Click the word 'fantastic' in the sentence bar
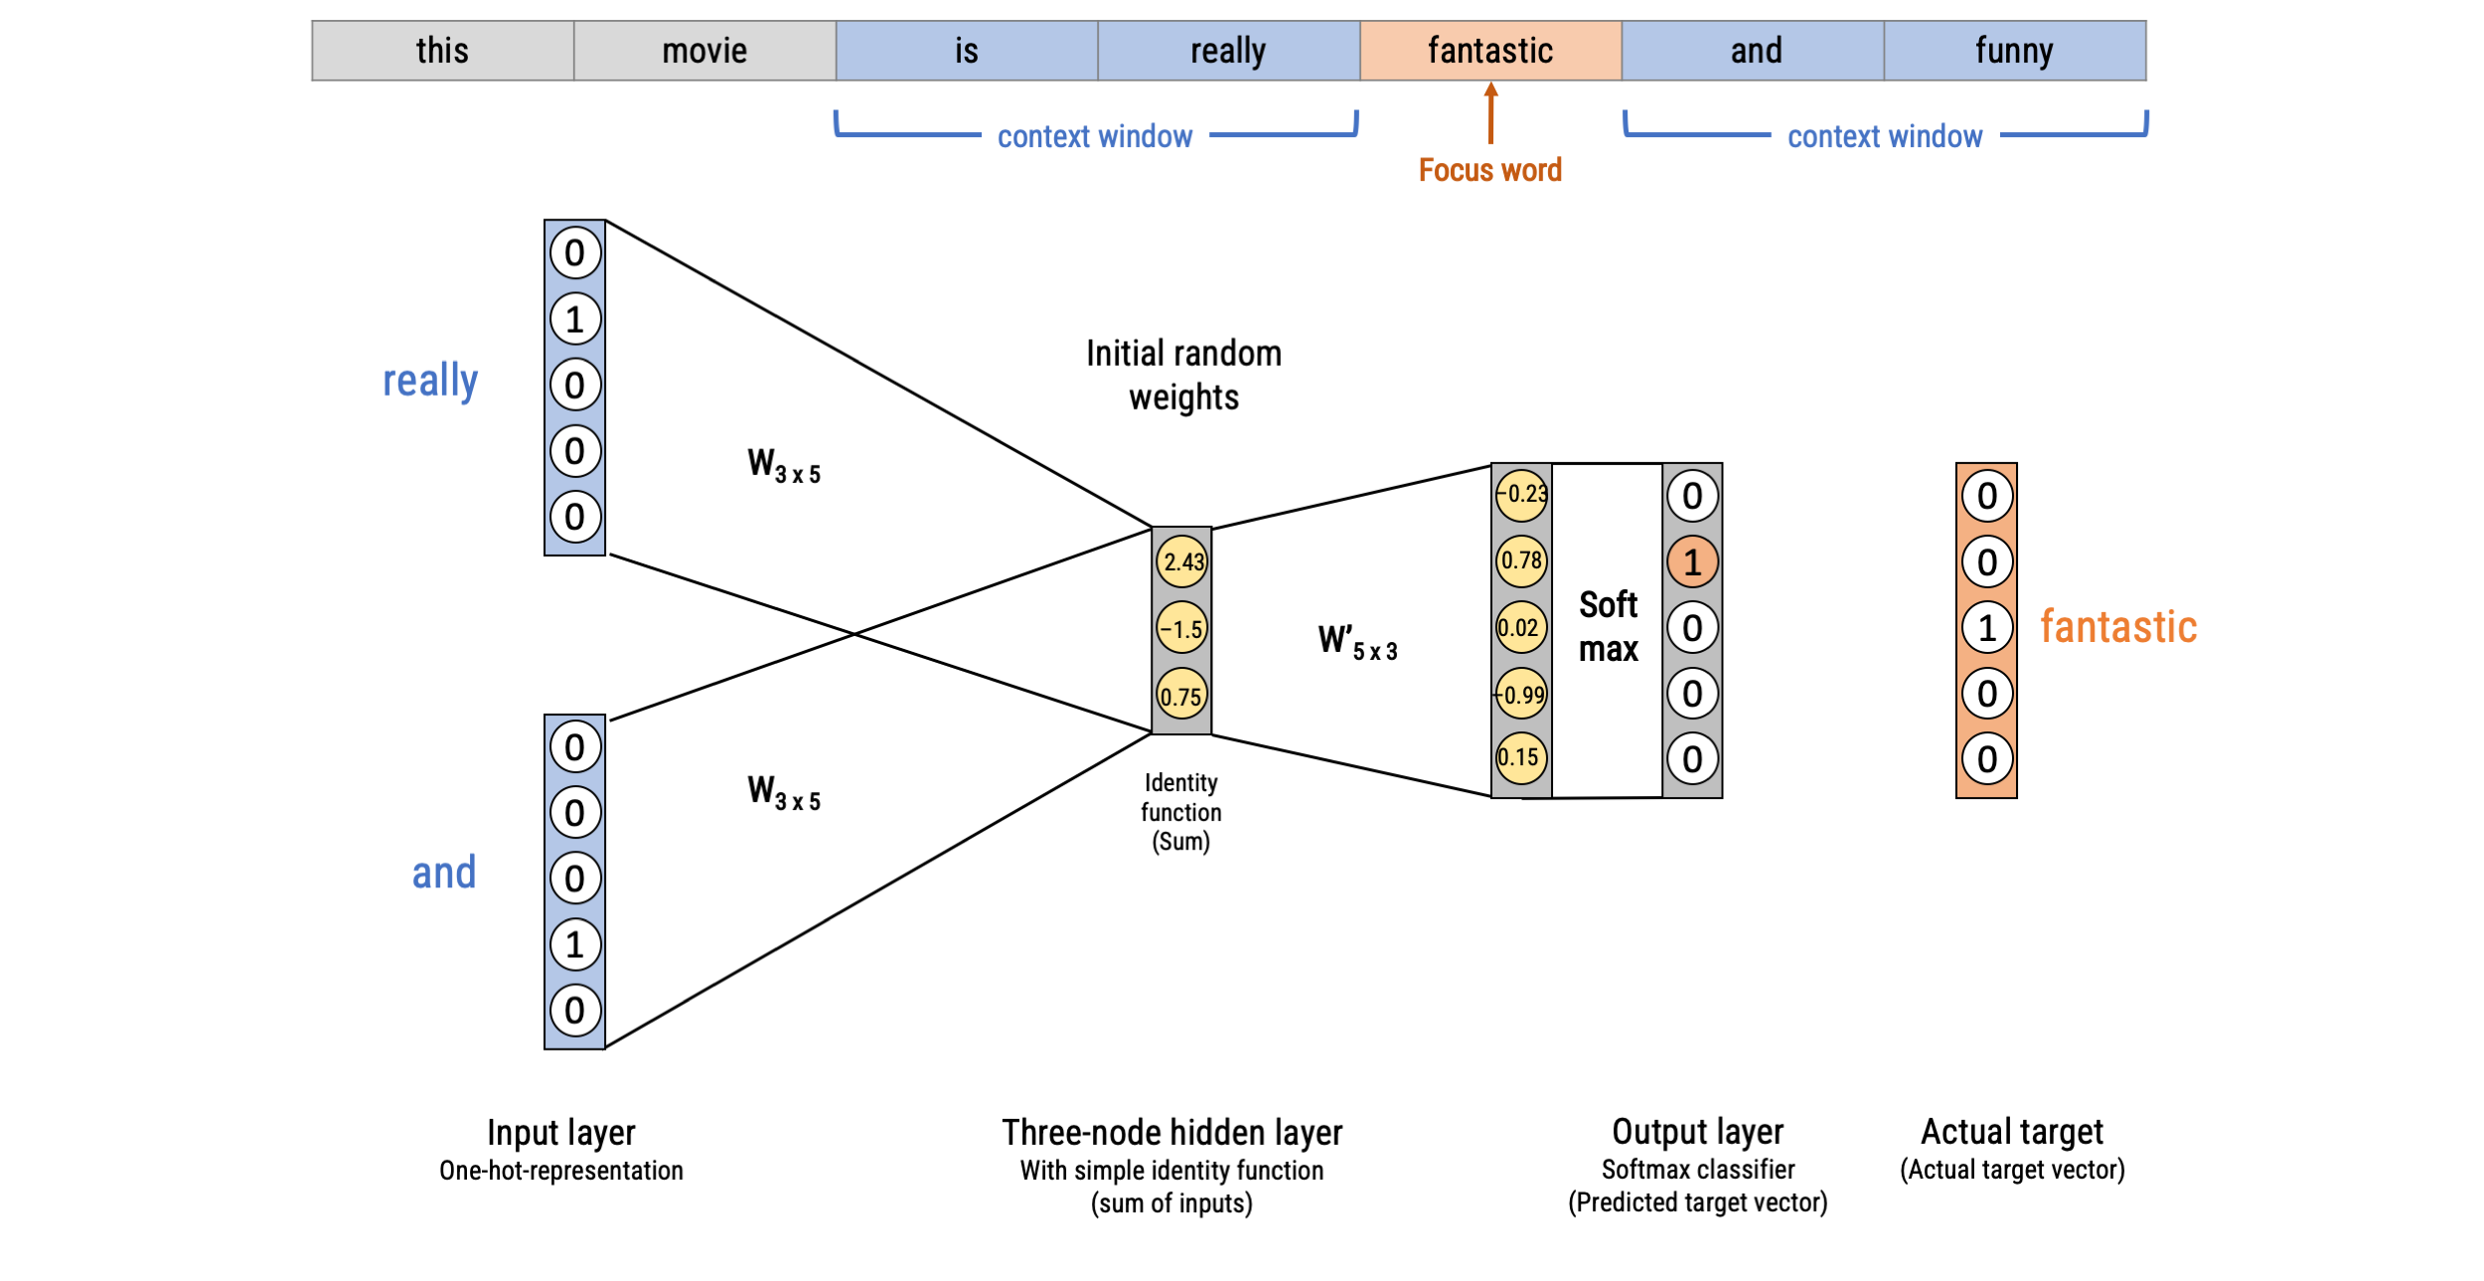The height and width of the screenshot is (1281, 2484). (1489, 51)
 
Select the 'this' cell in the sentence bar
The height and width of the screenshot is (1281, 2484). (442, 51)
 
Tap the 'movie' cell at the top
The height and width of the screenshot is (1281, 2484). (704, 51)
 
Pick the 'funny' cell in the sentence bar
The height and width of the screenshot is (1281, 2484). (2014, 51)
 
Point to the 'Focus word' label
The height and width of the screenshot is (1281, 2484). (1489, 170)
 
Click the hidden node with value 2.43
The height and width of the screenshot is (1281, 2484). (1182, 561)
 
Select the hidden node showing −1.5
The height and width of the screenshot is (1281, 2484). (1182, 628)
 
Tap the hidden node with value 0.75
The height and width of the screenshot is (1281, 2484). (1181, 696)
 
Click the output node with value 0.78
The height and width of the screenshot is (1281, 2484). (1521, 560)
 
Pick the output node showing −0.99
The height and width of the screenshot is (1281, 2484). (1521, 694)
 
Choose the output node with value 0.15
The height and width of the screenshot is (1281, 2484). (1520, 757)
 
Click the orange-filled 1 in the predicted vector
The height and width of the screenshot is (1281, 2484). (1692, 562)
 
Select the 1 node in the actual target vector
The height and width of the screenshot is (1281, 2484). (1986, 628)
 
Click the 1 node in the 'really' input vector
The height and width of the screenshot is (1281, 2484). (575, 319)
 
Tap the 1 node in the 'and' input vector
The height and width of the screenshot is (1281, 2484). (575, 944)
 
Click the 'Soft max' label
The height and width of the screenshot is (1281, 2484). (1608, 626)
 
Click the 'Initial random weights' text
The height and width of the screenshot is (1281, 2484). (1183, 375)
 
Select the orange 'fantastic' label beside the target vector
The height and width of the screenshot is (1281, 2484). (2117, 627)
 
